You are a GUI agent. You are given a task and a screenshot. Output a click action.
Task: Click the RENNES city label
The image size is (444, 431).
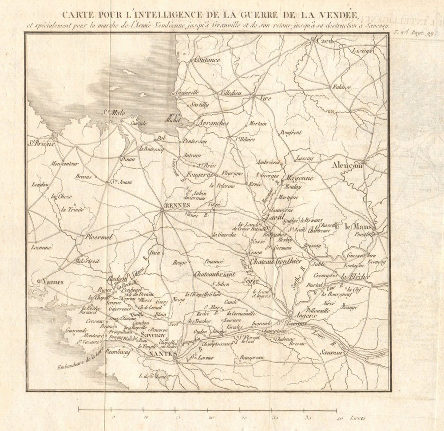coord(177,206)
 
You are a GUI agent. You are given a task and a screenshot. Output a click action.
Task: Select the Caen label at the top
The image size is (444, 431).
coord(325,41)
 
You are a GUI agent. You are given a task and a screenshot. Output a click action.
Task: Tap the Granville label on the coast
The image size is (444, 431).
coord(187,93)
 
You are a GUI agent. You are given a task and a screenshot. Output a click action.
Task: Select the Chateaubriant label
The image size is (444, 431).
coord(214,275)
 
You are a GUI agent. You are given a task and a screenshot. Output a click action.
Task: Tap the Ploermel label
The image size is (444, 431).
coord(99,237)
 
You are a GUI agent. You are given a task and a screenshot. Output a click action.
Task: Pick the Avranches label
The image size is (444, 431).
coord(213,123)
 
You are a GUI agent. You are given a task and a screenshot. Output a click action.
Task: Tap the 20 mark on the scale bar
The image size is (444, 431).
coord(211,417)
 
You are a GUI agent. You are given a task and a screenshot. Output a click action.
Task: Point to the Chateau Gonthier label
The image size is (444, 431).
coord(276,261)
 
